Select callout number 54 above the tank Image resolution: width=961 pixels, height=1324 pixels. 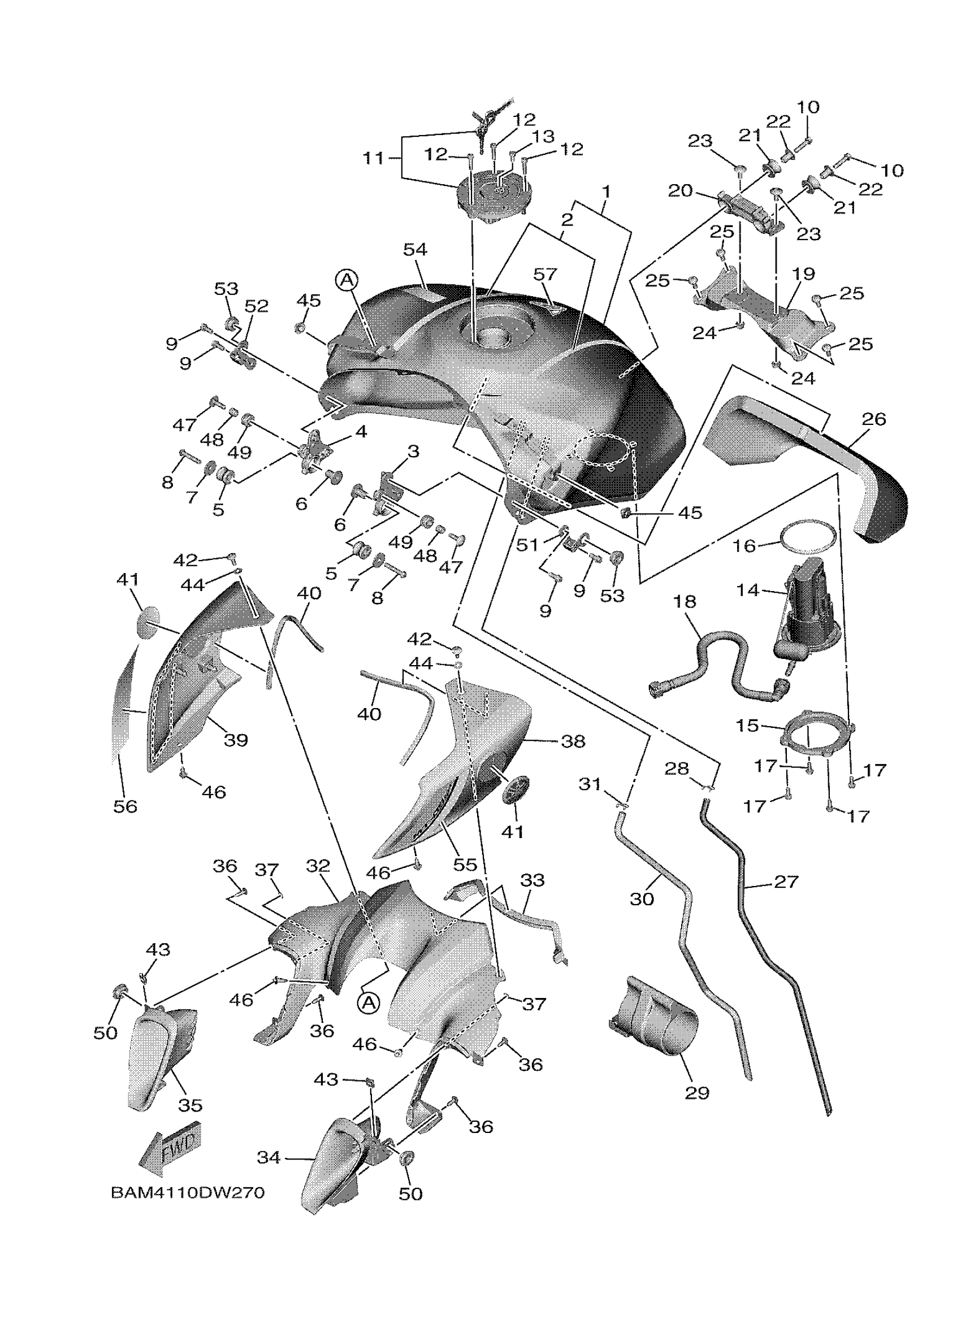click(415, 250)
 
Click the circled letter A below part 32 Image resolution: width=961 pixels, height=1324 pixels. click(369, 1003)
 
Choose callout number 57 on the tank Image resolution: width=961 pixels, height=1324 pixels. click(546, 274)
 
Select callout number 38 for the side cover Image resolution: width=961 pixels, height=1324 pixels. click(573, 741)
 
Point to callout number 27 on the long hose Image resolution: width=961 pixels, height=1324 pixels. click(786, 882)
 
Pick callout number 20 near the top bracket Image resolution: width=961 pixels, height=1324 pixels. click(680, 190)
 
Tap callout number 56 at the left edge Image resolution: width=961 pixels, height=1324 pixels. click(125, 806)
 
